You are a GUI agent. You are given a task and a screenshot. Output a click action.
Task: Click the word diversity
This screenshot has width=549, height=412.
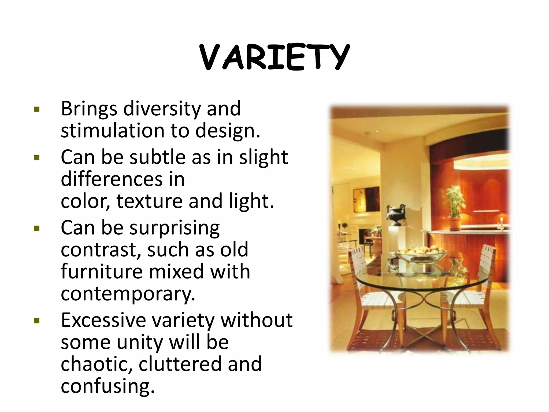162,109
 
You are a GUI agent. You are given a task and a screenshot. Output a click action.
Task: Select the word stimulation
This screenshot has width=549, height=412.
112,131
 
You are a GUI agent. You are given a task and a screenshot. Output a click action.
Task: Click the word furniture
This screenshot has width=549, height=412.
102,271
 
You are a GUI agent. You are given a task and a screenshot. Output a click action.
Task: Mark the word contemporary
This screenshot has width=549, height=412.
128,294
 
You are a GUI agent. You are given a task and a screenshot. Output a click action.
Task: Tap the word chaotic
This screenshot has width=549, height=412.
96,364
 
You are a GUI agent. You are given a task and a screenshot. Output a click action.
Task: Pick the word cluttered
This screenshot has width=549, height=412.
180,364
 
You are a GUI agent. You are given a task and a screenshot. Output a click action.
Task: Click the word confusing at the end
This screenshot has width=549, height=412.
107,386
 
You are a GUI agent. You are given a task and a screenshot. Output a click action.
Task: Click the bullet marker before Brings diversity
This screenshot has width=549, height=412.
37,109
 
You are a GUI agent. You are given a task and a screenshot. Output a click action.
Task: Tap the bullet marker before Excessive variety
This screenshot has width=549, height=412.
37,321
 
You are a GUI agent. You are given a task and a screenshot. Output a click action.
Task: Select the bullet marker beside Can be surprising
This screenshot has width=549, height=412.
37,228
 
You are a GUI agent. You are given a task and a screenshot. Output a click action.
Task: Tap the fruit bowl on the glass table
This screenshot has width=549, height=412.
421,253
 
